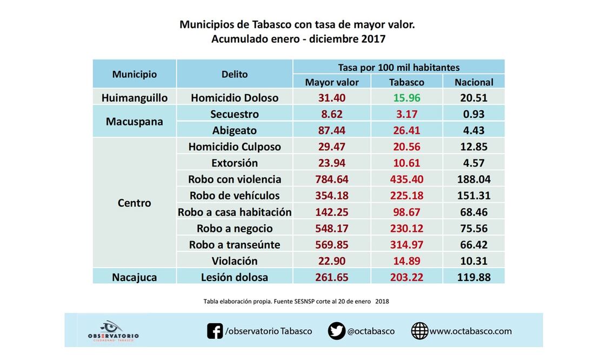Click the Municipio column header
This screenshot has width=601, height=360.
click(x=135, y=74)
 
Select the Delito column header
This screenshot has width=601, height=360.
click(x=235, y=74)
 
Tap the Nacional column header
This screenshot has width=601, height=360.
click(x=473, y=82)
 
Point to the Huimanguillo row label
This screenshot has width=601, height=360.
click(x=135, y=98)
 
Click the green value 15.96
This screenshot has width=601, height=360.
click(x=406, y=98)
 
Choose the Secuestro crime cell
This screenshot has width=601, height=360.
click(x=235, y=114)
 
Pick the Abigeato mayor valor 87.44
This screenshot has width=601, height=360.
click(x=332, y=130)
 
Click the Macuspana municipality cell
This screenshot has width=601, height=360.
click(x=135, y=122)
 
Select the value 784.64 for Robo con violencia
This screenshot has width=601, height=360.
click(x=332, y=179)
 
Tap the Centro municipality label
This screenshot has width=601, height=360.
click(x=135, y=203)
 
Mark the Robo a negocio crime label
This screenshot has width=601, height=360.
click(x=235, y=228)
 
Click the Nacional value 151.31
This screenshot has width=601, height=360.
click(x=473, y=195)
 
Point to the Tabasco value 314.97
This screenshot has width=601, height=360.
click(x=406, y=244)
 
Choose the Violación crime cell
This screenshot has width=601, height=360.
click(x=235, y=261)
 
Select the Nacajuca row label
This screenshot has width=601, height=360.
click(x=135, y=277)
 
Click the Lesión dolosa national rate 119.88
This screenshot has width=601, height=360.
click(x=473, y=277)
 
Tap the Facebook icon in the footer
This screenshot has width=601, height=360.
click(x=215, y=331)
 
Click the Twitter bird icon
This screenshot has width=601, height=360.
click(x=336, y=331)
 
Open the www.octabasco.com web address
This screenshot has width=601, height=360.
click(x=470, y=331)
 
